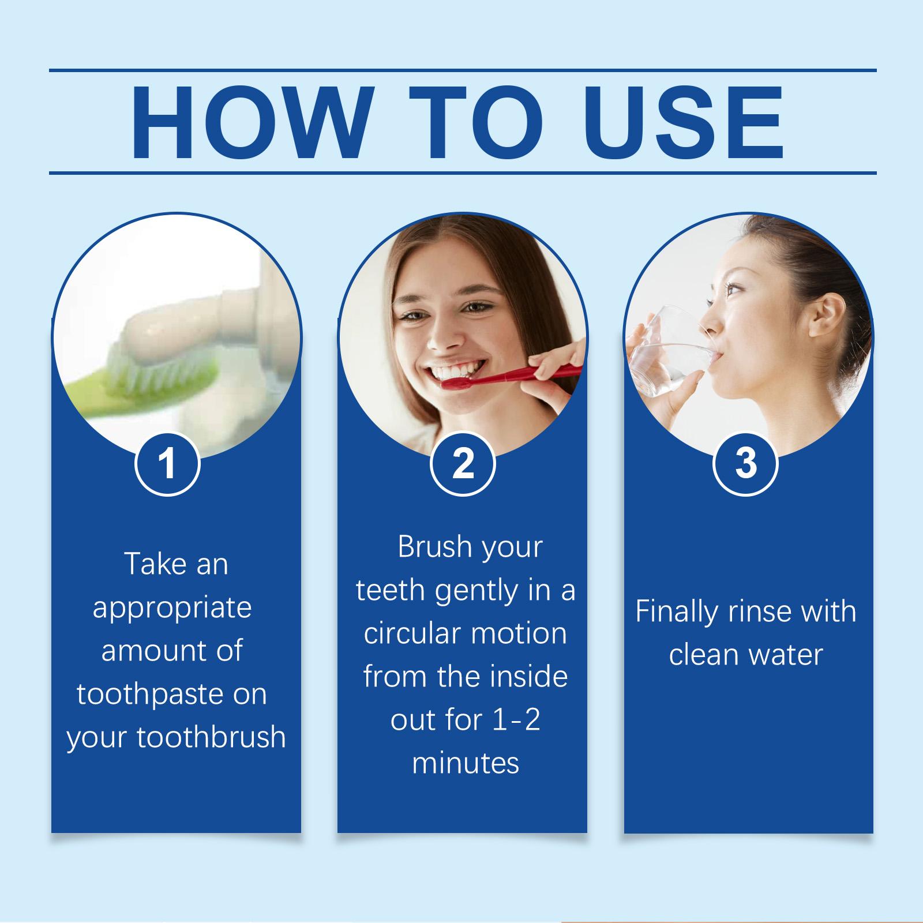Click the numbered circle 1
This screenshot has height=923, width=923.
[x=167, y=463]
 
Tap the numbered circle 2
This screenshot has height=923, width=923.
[x=463, y=463]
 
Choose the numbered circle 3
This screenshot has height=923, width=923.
[x=746, y=463]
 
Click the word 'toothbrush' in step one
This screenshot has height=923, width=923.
[x=211, y=737]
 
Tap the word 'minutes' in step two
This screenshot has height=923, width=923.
[x=466, y=763]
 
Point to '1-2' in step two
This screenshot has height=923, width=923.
[x=508, y=721]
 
